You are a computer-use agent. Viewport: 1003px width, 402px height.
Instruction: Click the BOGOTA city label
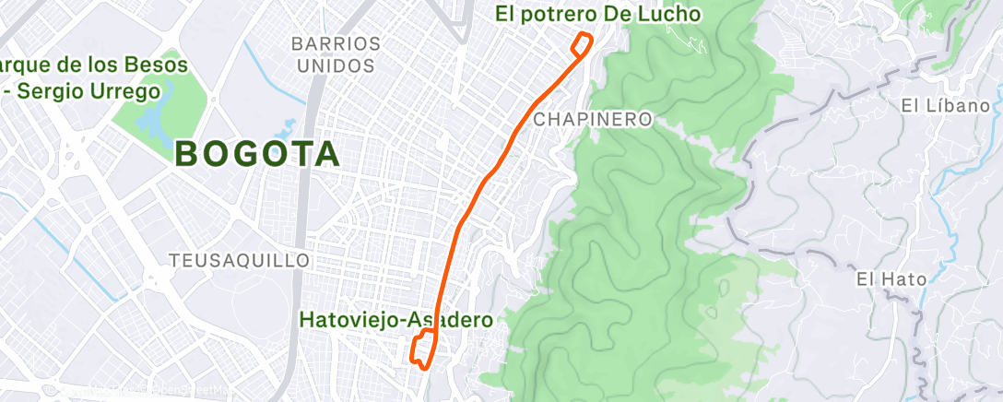point(257,154)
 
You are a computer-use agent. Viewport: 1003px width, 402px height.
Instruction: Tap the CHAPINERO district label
point(593,120)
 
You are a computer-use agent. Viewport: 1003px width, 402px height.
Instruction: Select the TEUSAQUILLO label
point(240,261)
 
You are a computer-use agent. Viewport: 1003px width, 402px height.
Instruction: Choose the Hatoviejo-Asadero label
point(396,319)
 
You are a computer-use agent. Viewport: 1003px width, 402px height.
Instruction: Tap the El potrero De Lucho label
point(598,14)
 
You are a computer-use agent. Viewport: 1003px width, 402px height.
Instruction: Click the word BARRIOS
point(336,44)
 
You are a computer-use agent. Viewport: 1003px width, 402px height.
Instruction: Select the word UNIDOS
point(336,65)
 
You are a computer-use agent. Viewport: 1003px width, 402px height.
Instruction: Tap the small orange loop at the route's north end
point(581,43)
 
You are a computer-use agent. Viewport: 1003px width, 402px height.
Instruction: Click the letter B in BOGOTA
point(185,155)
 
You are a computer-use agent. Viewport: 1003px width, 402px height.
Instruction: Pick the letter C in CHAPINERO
point(539,120)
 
